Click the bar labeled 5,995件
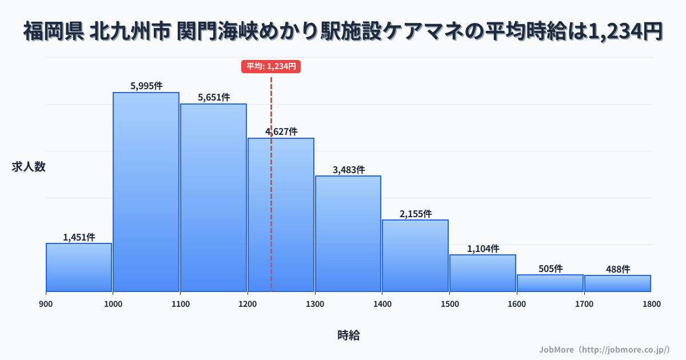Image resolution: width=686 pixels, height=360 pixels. [x=146, y=192]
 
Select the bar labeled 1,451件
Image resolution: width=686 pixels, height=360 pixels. [x=79, y=267]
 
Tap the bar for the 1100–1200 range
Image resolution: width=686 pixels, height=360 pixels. [x=213, y=198]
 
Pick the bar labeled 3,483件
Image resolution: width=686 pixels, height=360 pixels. [x=348, y=234]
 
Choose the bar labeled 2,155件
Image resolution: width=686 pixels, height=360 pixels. [x=415, y=255]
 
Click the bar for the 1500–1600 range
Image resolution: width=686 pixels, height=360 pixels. [x=482, y=273]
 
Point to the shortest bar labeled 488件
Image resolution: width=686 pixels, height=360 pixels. [x=617, y=283]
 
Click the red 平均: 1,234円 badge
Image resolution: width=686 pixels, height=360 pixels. [x=271, y=66]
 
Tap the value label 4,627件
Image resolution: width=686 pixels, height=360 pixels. [x=281, y=131]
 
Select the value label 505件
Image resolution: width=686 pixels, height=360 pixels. [x=551, y=269]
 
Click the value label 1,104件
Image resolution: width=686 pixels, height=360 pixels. [x=483, y=249]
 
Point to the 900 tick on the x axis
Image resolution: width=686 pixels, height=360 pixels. [x=46, y=304]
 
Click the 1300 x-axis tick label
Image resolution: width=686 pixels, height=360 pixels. [x=315, y=304]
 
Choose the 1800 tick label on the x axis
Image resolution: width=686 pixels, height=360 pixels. [x=651, y=304]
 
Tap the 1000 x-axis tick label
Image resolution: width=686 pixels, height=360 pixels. [x=113, y=304]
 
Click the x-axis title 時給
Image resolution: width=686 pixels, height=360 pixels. [x=348, y=335]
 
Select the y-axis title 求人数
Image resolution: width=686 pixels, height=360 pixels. [x=29, y=167]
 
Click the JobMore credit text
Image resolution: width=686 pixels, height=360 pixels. [x=604, y=349]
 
